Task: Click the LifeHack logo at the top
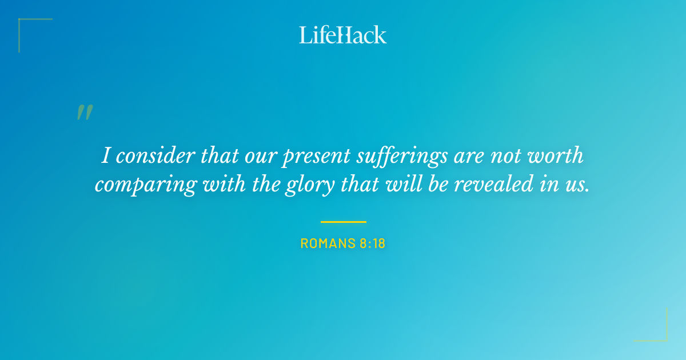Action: point(343,34)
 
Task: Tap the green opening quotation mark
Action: point(85,113)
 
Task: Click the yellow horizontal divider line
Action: point(343,222)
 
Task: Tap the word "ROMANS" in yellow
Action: point(327,243)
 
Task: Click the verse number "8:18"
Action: point(372,243)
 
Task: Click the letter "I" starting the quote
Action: point(105,155)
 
